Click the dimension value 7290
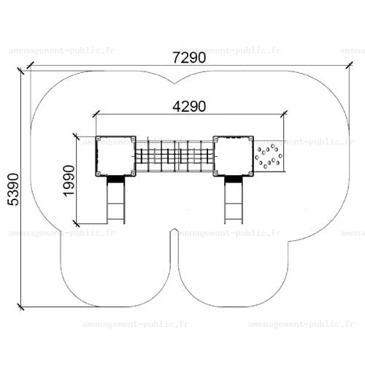tap(189, 58)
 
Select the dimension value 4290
tap(189, 107)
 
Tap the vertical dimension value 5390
tap(13, 189)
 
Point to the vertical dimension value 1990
tap(69, 181)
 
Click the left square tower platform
tap(115, 156)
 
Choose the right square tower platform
tap(234, 156)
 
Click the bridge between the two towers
tap(174, 156)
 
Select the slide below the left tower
tap(116, 199)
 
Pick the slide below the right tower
tap(234, 199)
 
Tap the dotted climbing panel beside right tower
tap(269, 156)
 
